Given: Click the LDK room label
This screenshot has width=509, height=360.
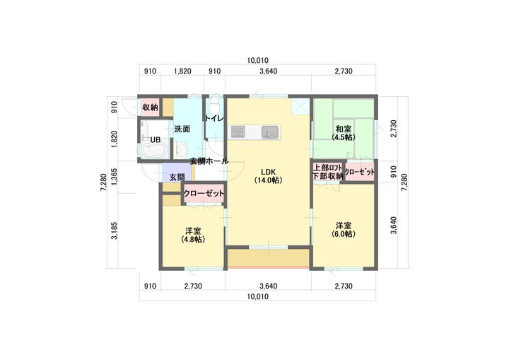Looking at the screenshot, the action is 268,176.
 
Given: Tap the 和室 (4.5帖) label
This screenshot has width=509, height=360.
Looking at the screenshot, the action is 344,133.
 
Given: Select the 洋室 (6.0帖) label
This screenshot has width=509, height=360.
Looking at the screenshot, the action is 344,229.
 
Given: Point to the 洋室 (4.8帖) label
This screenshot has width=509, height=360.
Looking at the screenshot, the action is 193,236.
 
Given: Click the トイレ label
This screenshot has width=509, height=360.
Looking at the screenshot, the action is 214,119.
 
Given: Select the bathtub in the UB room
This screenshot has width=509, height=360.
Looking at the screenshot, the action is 154,151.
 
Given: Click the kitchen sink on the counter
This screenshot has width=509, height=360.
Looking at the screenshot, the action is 270,132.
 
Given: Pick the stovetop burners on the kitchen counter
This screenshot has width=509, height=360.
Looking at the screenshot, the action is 238,132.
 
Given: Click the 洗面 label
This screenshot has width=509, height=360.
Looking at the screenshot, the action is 182,129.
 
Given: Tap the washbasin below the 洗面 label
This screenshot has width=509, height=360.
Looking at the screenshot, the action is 180,150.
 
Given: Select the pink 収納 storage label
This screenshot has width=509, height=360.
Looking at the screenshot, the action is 150,108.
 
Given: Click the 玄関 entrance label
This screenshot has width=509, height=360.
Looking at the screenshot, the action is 177,177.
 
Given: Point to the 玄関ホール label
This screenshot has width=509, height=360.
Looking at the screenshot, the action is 209,161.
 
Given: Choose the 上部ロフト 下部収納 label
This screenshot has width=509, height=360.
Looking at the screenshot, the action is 327,172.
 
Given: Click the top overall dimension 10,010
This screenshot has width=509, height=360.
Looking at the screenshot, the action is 258,60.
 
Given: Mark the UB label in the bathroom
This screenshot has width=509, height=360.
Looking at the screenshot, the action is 156,140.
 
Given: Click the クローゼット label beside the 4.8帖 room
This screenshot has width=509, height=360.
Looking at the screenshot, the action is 204,193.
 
